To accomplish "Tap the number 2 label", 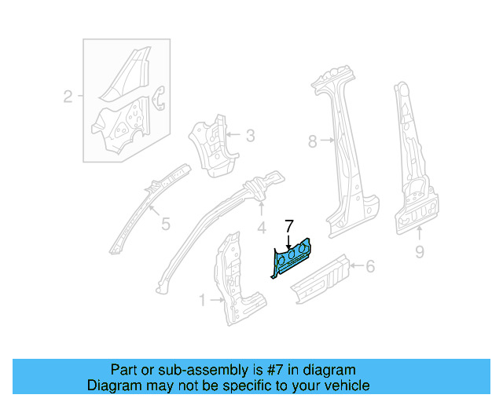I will [68, 97].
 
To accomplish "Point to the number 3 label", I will [250, 137].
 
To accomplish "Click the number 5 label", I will [165, 225].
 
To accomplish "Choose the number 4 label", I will [261, 229].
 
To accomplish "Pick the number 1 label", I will [202, 299].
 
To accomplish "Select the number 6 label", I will [370, 267].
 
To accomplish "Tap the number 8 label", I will [312, 141].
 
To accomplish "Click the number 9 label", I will [419, 252].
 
